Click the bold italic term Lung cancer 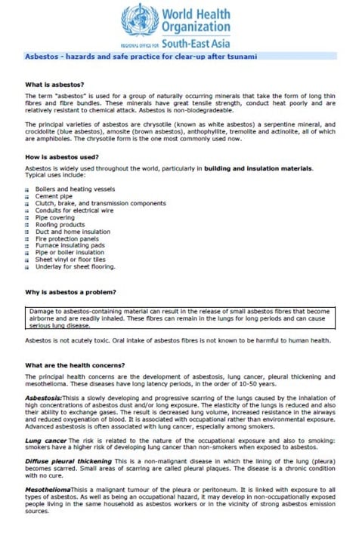(44, 438)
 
